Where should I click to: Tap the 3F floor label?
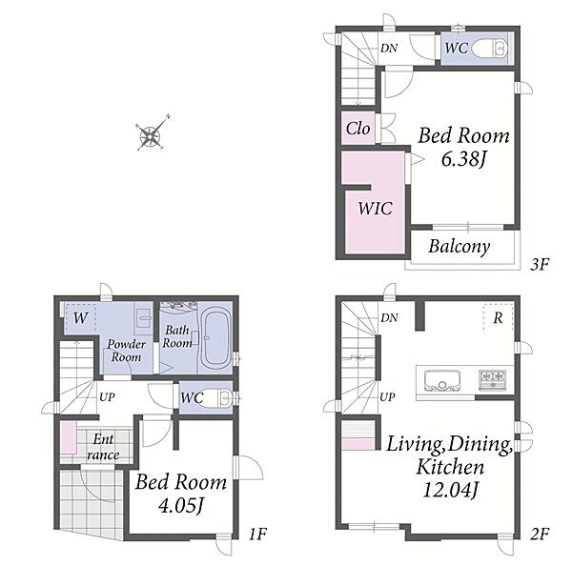click(540, 264)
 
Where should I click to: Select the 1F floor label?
click(257, 535)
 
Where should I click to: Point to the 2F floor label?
click(540, 535)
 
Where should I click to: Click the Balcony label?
click(459, 247)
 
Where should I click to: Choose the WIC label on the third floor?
click(375, 209)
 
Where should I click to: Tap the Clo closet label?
click(357, 129)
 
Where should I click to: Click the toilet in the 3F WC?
click(489, 49)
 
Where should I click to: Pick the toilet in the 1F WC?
click(219, 397)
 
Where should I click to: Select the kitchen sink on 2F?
click(442, 381)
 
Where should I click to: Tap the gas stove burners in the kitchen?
click(493, 378)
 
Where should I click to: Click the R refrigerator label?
click(498, 318)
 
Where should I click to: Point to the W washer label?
click(80, 318)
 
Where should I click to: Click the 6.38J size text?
click(464, 159)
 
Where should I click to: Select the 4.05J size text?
click(181, 506)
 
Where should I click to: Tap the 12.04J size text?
click(450, 490)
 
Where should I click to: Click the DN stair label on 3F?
click(389, 49)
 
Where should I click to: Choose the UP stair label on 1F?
click(107, 396)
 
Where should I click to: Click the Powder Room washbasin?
click(144, 318)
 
